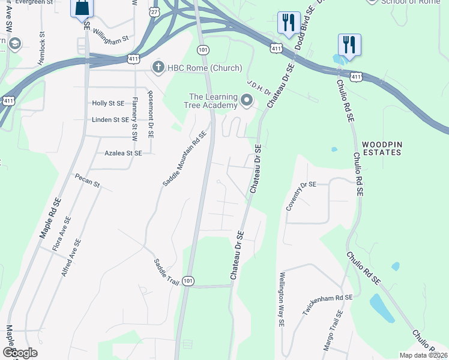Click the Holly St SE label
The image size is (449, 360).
click(108, 103)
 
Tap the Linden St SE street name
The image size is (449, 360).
click(110, 120)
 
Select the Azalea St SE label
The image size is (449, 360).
click(123, 154)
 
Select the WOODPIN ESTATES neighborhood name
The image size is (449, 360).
click(381, 149)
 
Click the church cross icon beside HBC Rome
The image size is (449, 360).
click(158, 66)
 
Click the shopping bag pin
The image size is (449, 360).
click(82, 8)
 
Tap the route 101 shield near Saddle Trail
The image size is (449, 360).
click(188, 281)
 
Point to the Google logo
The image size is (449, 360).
click(20, 353)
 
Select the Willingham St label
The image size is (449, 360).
click(113, 38)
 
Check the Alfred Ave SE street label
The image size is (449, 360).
click(71, 257)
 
